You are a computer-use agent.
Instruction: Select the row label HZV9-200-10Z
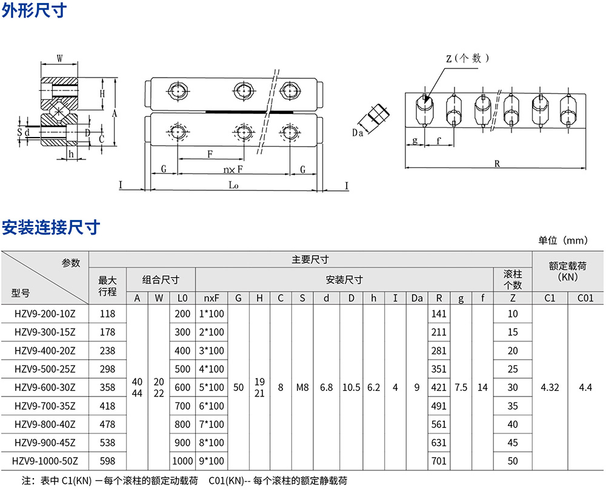[44, 314]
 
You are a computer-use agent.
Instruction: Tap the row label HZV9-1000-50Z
[44, 461]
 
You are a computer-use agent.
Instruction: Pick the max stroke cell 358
[107, 387]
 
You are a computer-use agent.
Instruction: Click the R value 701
[438, 461]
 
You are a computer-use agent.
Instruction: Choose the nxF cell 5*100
[211, 387]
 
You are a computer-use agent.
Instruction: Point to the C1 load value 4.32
[549, 387]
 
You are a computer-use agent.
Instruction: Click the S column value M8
[301, 387]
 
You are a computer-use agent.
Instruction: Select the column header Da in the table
[417, 298]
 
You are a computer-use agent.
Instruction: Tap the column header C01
[585, 298]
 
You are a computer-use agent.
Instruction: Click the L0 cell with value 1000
[182, 461]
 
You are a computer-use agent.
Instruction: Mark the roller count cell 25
[513, 369]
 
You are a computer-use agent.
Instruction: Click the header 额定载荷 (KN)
[568, 270]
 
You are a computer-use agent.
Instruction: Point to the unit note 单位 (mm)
[563, 241]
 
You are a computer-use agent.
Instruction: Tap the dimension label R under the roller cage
[497, 163]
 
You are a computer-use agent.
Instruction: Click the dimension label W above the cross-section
[59, 59]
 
